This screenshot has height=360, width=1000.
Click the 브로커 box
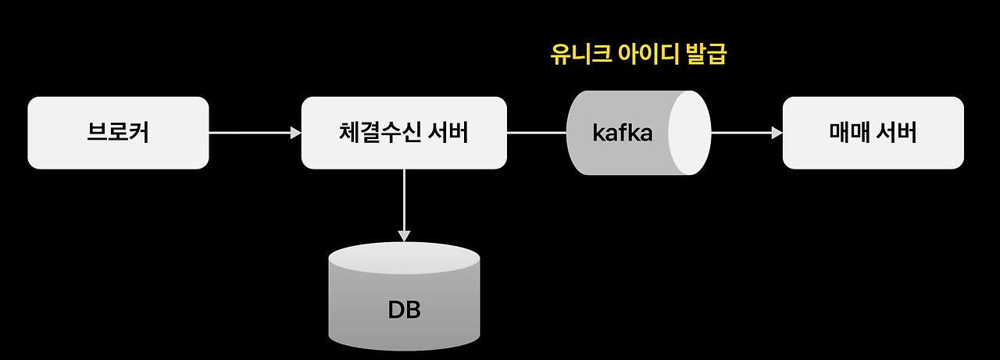(x=118, y=133)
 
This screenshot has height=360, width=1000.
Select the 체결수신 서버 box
(x=404, y=133)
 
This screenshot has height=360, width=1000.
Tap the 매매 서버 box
(x=873, y=133)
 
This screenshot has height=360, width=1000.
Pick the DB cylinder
(x=404, y=301)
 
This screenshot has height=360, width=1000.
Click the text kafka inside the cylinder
(x=623, y=133)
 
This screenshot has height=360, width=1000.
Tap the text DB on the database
(x=404, y=310)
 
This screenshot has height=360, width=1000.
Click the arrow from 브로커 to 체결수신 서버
(x=255, y=133)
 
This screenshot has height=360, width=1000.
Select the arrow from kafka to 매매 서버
(x=746, y=133)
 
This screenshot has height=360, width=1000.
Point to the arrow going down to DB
(x=404, y=203)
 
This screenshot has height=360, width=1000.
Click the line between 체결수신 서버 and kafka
(x=537, y=133)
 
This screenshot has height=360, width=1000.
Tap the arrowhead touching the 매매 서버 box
(x=777, y=133)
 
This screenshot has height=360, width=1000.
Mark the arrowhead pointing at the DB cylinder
(x=404, y=235)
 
